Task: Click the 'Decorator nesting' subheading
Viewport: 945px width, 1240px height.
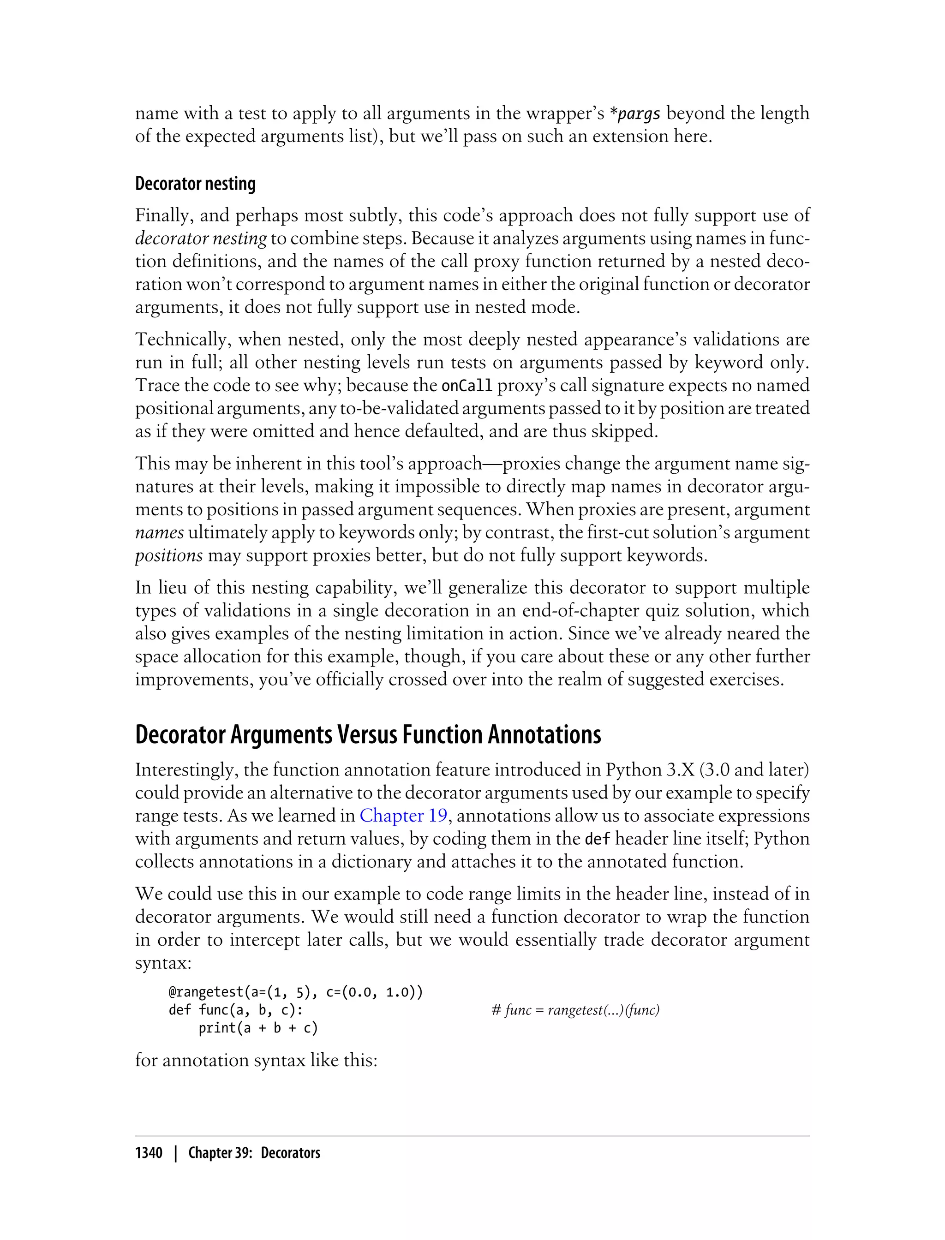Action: point(195,184)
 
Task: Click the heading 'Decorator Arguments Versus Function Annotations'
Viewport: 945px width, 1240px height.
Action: point(368,734)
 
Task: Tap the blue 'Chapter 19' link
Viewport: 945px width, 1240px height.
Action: point(403,816)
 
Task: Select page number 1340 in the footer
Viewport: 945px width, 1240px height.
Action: point(149,1153)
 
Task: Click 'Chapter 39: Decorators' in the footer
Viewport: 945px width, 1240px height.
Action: point(254,1153)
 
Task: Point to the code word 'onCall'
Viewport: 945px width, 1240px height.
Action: point(467,386)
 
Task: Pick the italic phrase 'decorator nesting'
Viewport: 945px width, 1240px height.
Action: point(201,238)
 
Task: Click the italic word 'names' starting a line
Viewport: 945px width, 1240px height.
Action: point(159,532)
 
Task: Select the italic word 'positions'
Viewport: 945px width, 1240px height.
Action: point(169,555)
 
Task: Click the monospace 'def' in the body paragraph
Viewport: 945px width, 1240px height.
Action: point(598,839)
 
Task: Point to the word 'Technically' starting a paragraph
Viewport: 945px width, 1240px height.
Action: point(180,340)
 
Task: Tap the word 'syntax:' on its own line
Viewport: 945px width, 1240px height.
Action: point(163,963)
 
